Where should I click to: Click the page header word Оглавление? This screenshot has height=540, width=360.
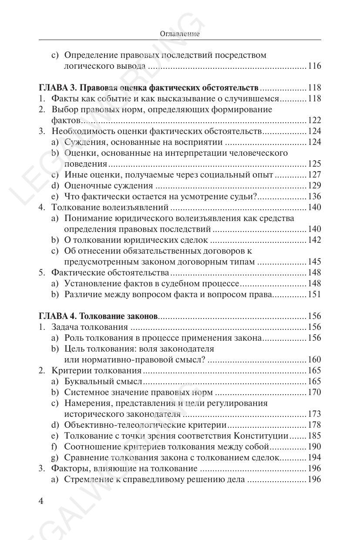[180, 34]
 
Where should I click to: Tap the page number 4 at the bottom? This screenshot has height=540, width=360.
[41, 501]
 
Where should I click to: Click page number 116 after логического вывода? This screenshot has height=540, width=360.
[314, 66]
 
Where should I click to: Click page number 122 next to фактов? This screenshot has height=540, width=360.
[314, 121]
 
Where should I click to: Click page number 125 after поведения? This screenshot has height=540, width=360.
[314, 164]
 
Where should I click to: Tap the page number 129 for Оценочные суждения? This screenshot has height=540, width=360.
[314, 186]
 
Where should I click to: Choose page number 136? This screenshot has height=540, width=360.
[314, 197]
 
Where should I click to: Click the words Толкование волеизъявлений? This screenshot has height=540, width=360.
[110, 207]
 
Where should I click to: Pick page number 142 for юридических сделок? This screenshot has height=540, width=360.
[314, 240]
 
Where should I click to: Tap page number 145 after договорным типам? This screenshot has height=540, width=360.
[314, 262]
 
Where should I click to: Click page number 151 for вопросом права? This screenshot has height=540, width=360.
[314, 295]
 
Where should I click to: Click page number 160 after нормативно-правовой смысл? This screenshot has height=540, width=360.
[314, 360]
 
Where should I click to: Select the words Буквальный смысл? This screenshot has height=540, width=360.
[103, 382]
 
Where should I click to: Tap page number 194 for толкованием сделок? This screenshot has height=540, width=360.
[314, 458]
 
